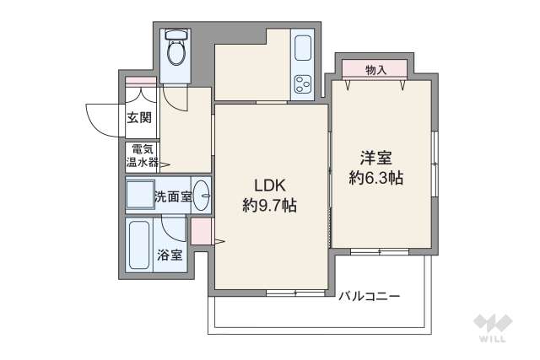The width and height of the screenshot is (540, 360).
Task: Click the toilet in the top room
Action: pyautogui.click(x=177, y=51)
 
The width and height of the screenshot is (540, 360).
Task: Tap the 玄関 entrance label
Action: pyautogui.click(x=139, y=118)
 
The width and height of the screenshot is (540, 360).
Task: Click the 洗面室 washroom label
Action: pyautogui.click(x=172, y=197)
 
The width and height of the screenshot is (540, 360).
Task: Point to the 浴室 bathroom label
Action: pyautogui.click(x=169, y=255)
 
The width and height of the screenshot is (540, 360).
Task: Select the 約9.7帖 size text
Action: pyautogui.click(x=269, y=205)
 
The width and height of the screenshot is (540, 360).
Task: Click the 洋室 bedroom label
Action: pyautogui.click(x=376, y=159)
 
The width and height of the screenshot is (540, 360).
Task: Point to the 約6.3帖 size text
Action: pyautogui.click(x=376, y=178)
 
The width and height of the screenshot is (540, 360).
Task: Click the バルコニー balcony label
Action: pyautogui.click(x=369, y=297)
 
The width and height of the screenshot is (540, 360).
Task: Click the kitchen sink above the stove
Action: pyautogui.click(x=302, y=49)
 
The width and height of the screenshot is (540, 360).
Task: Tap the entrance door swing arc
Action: pyautogui.click(x=100, y=118)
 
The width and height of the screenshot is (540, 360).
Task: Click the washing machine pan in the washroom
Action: pyautogui.click(x=139, y=196)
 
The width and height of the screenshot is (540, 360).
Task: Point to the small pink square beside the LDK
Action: pyautogui.click(x=202, y=230)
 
